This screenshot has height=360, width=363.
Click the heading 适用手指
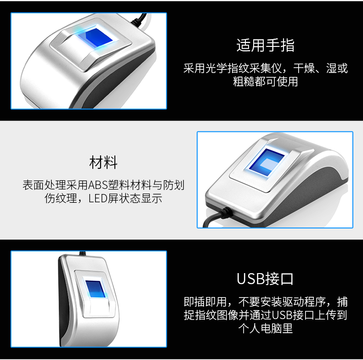pos(265,45)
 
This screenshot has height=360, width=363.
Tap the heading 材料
pos(103,162)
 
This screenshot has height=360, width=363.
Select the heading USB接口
pos(265,279)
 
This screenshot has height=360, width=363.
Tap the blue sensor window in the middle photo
pos(266,162)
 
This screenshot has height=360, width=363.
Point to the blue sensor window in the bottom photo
pos(96,289)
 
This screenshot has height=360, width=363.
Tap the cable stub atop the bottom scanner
pos(82,253)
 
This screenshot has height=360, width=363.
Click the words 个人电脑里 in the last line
pos(265,328)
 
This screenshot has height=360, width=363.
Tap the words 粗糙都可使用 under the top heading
pos(265,81)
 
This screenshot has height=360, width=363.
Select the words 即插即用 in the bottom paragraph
pos(205,302)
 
